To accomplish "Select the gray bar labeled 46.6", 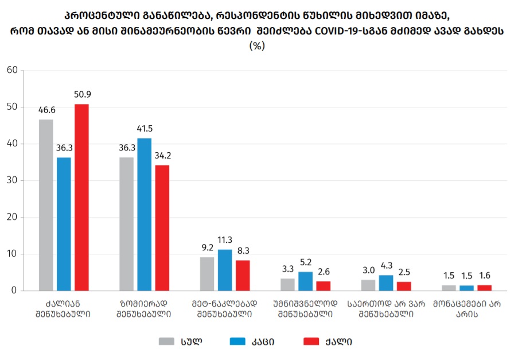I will (46, 205).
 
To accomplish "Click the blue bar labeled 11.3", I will (225, 270).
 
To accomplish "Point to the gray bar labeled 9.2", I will (207, 274).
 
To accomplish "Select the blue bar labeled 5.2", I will (305, 281).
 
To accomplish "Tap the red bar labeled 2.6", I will (324, 285).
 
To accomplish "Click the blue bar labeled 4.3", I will (386, 282).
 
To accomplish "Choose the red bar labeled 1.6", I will (485, 288).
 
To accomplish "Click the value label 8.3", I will (243, 251).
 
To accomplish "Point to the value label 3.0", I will (368, 270).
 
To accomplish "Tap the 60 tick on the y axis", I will (12, 71).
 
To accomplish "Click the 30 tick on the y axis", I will (12, 180).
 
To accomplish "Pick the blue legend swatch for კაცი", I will (237, 342).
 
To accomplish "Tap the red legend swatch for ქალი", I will (310, 342).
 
